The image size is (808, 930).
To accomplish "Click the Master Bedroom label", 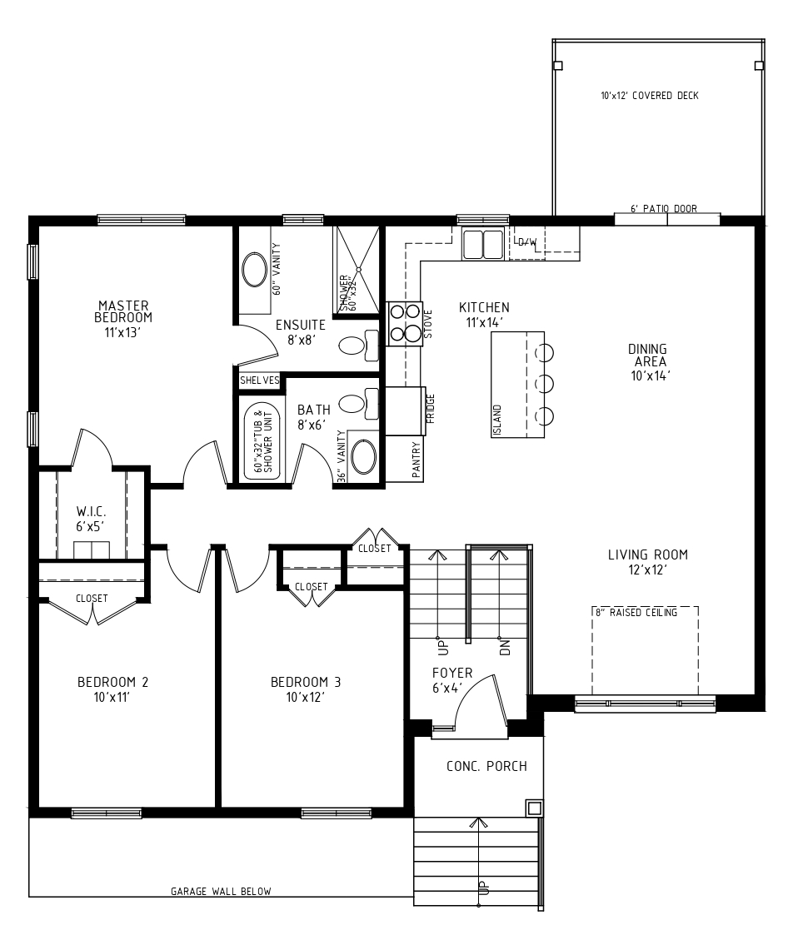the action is pyautogui.click(x=123, y=319).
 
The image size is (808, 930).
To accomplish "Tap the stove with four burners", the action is pyautogui.click(x=405, y=324).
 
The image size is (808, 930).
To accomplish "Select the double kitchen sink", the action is pyautogui.click(x=483, y=244).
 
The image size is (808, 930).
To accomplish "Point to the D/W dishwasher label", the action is pyautogui.click(x=527, y=242).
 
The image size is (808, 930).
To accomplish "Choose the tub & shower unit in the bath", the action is pyautogui.click(x=262, y=438).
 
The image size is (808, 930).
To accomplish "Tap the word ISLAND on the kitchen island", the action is pyautogui.click(x=498, y=420).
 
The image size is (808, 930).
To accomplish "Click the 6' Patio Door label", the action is pyautogui.click(x=663, y=209).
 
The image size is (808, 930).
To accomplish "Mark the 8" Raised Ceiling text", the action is pyautogui.click(x=636, y=612).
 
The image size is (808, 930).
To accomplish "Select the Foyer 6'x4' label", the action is pyautogui.click(x=452, y=680).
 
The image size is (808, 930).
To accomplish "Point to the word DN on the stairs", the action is pyautogui.click(x=505, y=647).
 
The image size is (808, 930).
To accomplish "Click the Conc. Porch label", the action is pyautogui.click(x=486, y=766).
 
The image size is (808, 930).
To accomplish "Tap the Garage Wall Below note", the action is pyautogui.click(x=221, y=891).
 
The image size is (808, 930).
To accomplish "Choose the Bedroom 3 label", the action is pyautogui.click(x=306, y=689).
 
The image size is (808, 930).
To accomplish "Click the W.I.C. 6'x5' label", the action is pyautogui.click(x=91, y=519).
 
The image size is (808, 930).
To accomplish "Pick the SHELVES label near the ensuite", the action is pyautogui.click(x=259, y=380).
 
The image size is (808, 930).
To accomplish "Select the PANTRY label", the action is pyautogui.click(x=416, y=460).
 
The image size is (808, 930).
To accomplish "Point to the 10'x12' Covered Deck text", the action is pyautogui.click(x=650, y=96).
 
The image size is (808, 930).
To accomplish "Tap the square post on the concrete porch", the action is pyautogui.click(x=535, y=808).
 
